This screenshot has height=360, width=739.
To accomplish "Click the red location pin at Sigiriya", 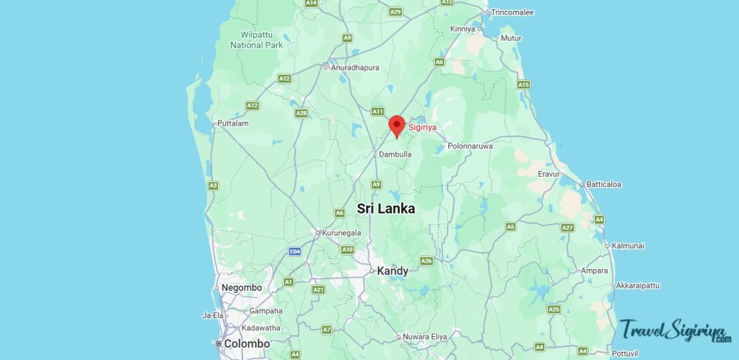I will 396,126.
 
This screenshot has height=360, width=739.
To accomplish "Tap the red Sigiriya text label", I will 423,127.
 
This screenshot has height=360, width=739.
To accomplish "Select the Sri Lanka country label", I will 386,208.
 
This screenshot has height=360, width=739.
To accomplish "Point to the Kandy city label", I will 393,271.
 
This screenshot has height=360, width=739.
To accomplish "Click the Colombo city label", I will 247,344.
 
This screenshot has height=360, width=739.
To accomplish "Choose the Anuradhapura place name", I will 355,68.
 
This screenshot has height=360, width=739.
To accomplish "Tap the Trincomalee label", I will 512,12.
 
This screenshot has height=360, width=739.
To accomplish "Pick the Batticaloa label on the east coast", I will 603,184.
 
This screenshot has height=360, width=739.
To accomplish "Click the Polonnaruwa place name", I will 470,146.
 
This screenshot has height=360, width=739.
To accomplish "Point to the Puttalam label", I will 233,123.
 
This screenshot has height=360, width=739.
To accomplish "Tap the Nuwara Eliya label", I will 425,337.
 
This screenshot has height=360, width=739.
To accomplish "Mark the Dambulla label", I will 395,154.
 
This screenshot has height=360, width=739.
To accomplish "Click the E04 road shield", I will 294,251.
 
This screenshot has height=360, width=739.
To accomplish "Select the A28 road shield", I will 302,113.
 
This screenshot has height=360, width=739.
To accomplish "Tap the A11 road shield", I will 377,111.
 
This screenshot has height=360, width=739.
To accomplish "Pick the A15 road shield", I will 524,84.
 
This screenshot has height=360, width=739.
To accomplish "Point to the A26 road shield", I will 427,260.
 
